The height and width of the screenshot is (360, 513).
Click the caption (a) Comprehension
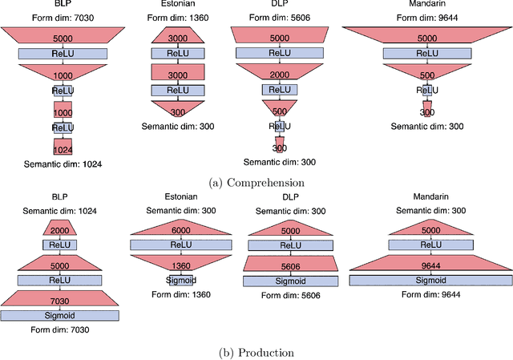point(256,183)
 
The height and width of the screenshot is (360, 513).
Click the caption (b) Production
point(256,353)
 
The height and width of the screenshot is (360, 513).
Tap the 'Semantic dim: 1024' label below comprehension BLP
point(63,164)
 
